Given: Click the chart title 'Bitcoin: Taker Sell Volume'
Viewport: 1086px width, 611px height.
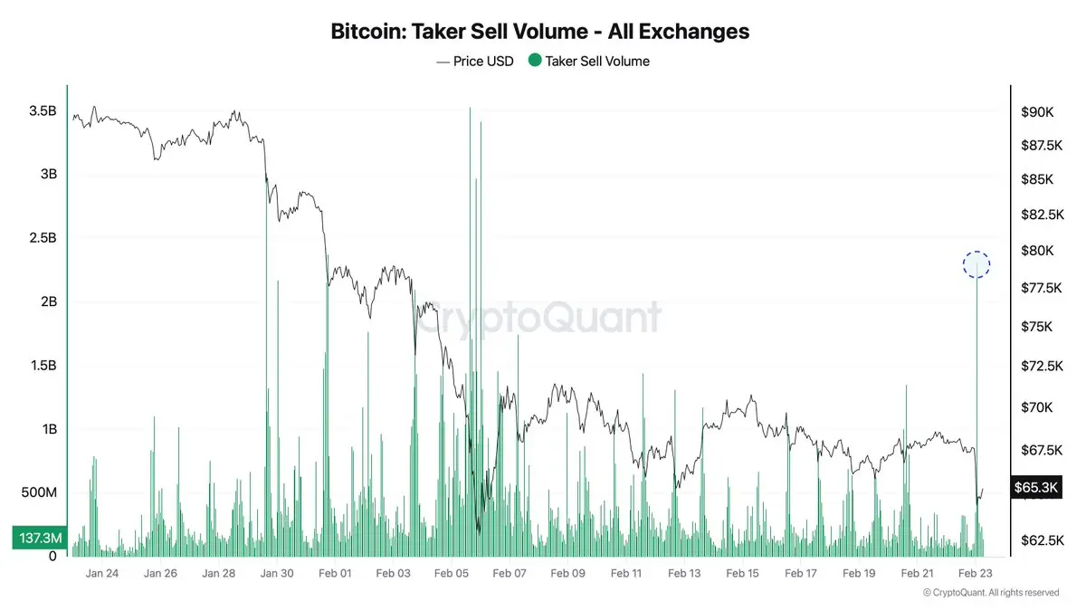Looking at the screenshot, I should click(x=540, y=31).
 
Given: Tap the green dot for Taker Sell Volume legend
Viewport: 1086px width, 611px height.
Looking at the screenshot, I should click(x=535, y=61).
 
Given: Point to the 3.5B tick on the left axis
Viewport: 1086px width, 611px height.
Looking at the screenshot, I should click(x=43, y=110).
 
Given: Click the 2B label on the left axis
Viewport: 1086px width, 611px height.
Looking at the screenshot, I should click(x=48, y=301).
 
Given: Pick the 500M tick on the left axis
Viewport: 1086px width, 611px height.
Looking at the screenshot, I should click(x=39, y=493).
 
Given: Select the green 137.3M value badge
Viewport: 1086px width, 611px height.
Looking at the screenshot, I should click(x=37, y=538).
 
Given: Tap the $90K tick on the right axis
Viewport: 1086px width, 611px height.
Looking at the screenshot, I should click(x=1037, y=112).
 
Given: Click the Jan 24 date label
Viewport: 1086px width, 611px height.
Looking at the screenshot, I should click(x=101, y=573).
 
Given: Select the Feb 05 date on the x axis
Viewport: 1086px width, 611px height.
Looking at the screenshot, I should click(x=451, y=573).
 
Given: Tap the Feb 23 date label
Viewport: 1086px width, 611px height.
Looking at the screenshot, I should click(x=975, y=573).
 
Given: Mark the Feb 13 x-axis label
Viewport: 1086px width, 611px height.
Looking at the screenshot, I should click(x=683, y=573).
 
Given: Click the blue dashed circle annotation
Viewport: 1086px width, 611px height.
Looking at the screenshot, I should click(x=976, y=264).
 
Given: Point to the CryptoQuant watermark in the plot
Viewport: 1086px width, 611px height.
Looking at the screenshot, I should click(x=539, y=318).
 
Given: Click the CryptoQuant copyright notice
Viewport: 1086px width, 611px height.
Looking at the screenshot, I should click(x=991, y=593).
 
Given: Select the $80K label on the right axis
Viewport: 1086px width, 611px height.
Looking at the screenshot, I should click(x=1037, y=251).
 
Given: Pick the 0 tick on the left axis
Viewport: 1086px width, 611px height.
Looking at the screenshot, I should click(x=52, y=557).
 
